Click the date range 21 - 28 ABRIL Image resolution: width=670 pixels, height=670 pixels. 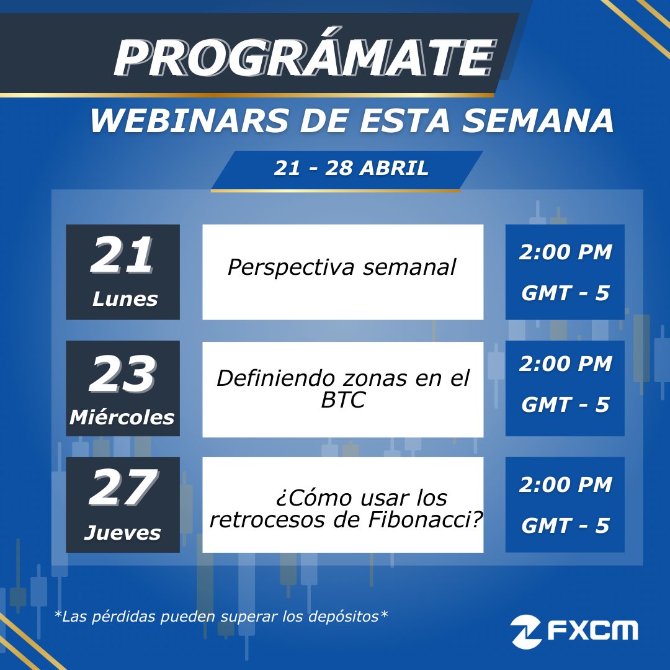point(351,169)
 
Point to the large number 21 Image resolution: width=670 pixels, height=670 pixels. point(122,257)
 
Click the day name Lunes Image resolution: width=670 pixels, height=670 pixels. point(125,300)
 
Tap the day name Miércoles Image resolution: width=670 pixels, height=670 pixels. point(122,418)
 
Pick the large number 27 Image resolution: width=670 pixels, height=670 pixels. point(122,489)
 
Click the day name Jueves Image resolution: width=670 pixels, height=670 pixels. point(122,533)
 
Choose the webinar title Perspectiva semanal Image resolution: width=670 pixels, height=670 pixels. point(342,267)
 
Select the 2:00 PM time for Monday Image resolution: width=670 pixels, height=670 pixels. point(565,253)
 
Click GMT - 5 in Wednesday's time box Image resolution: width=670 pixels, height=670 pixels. point(565,405)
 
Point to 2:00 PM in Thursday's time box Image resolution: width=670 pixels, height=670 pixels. point(565,485)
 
